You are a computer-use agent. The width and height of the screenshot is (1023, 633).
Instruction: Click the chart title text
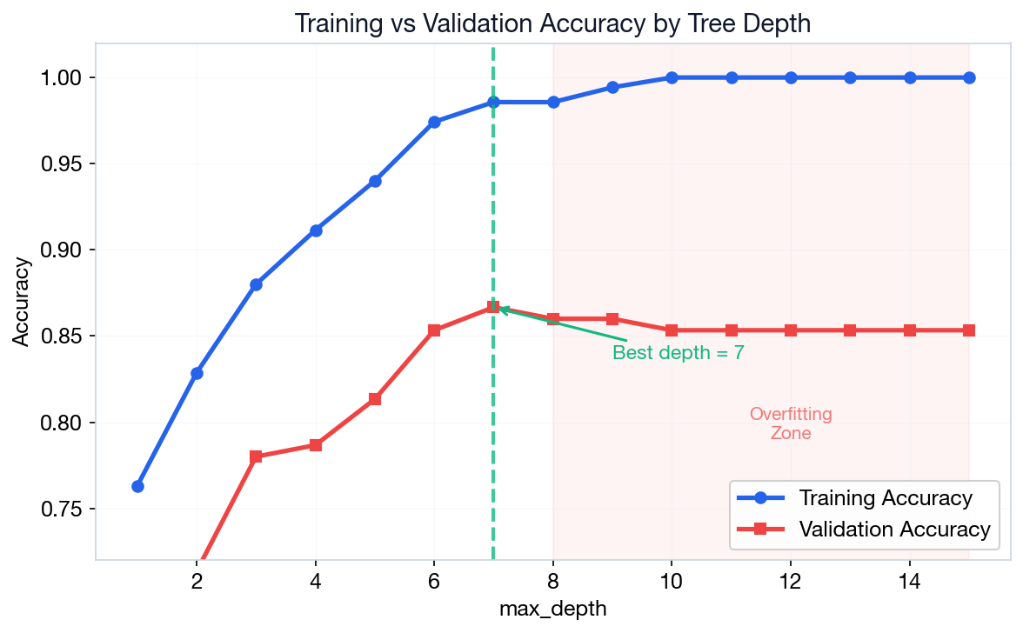pos(552,23)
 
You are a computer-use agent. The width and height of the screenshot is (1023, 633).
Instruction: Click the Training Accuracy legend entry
pos(885,498)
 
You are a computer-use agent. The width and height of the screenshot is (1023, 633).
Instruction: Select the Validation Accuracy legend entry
pos(894,529)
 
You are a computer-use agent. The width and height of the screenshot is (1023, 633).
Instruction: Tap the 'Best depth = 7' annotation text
pos(678,353)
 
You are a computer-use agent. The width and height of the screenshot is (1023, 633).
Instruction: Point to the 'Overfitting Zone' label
pos(791,423)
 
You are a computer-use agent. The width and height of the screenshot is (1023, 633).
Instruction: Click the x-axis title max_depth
pos(552,609)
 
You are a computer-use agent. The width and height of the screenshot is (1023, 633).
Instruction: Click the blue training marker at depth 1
pos(137,486)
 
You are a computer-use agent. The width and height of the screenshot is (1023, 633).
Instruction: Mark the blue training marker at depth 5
pos(375,181)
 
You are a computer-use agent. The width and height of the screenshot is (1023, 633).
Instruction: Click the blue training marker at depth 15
pos(969,77)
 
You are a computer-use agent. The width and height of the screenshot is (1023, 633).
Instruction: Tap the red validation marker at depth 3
pos(256,456)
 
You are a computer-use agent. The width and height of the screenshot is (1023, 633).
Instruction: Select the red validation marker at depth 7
pos(493,307)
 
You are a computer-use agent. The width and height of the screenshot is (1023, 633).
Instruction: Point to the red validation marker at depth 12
pos(791,330)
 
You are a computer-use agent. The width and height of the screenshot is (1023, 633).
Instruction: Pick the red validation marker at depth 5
pos(375,399)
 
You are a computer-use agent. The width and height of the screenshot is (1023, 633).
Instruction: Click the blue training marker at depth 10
pos(672,77)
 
